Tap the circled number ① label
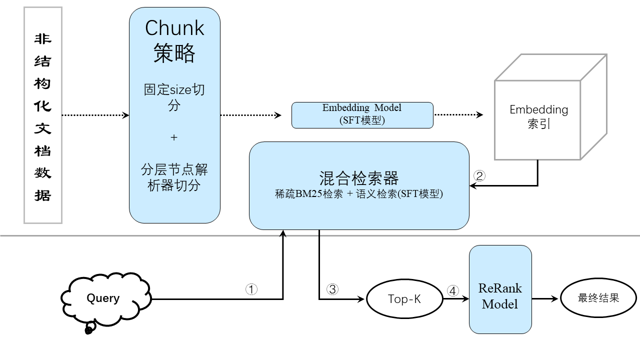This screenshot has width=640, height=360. click(x=251, y=289)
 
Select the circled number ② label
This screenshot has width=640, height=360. click(x=479, y=175)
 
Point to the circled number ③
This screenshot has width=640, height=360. click(x=332, y=289)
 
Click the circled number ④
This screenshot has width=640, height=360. click(x=452, y=290)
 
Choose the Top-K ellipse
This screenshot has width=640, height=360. click(x=404, y=299)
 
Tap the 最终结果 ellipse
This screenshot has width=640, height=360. click(x=598, y=298)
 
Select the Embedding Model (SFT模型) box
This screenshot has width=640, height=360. click(x=362, y=114)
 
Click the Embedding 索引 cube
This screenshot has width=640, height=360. click(x=538, y=117)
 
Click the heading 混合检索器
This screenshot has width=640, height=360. click(x=358, y=178)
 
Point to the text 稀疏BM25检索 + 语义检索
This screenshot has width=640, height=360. click(x=358, y=194)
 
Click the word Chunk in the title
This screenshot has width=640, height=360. click(x=174, y=28)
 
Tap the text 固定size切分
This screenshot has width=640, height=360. click(x=174, y=97)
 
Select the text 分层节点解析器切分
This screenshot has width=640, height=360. click(x=174, y=177)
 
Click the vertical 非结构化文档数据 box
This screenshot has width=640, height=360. click(x=42, y=115)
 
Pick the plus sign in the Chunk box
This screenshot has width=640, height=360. click(x=174, y=137)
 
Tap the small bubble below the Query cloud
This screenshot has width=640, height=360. click(x=89, y=329)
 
